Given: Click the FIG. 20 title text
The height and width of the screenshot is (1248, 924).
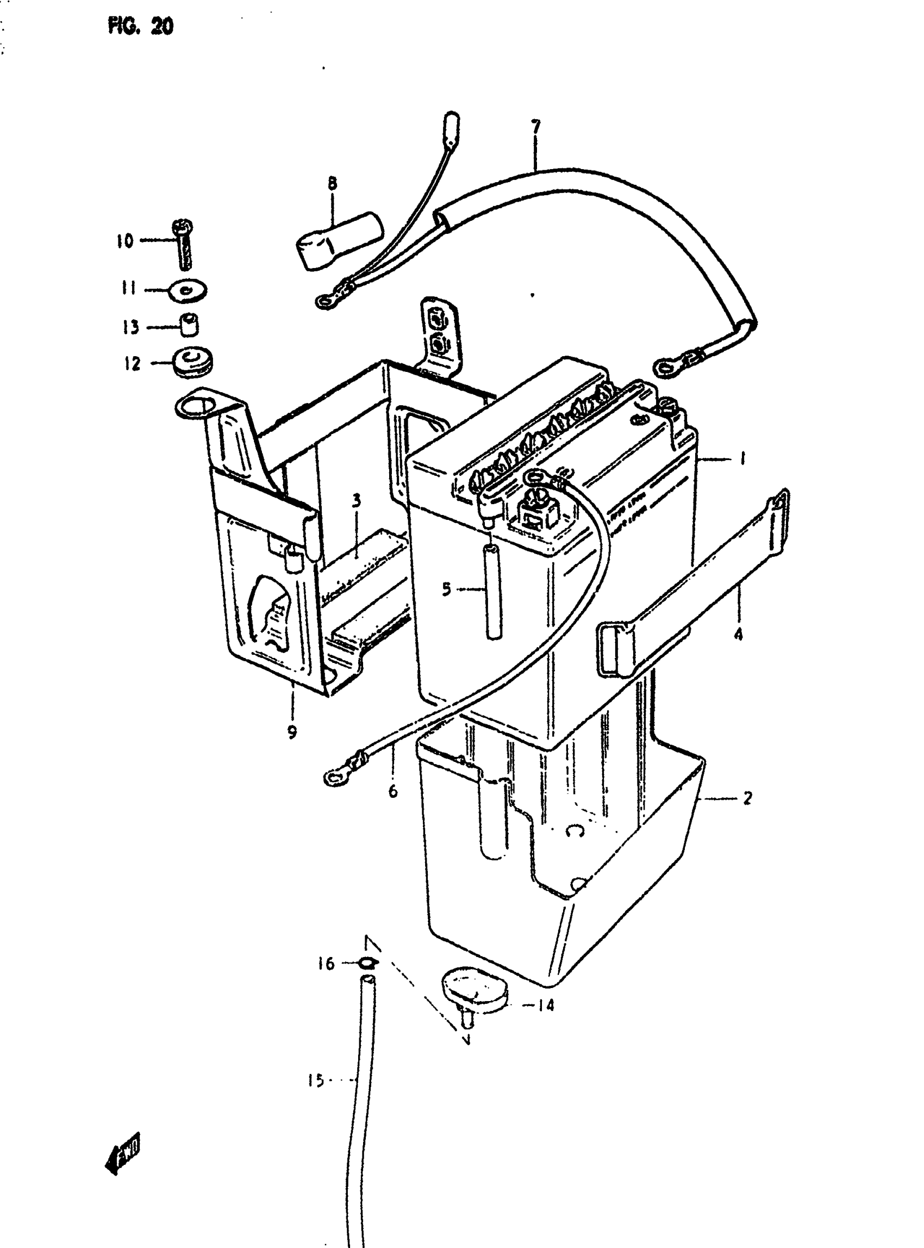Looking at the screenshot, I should (x=140, y=26).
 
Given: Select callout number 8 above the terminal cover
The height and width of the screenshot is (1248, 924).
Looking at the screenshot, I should (x=333, y=183).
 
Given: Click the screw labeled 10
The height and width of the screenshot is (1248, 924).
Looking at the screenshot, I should (x=185, y=245).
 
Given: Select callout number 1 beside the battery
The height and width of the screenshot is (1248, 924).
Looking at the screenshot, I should (x=742, y=459).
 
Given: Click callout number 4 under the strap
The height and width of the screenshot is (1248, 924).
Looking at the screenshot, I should (x=738, y=635).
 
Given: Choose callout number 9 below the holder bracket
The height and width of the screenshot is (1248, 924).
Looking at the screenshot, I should (x=292, y=732).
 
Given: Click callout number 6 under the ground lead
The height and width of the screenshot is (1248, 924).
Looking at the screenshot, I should (x=392, y=791).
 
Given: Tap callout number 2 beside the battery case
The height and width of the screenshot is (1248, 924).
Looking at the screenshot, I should (x=747, y=798).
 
